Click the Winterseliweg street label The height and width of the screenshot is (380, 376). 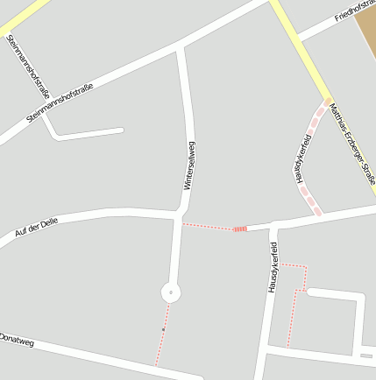coord(188,165)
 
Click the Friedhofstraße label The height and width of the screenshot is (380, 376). coord(354,11)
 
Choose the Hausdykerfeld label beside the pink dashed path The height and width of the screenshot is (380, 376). coord(303,158)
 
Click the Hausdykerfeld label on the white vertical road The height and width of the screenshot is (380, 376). coord(273,267)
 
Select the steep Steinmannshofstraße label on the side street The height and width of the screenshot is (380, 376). coord(29,66)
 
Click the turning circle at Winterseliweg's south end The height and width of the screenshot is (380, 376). coord(170,292)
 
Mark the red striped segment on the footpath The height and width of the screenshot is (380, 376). coord(239,229)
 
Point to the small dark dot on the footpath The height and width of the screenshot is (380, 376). coord(163,329)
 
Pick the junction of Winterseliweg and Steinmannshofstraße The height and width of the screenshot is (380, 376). coord(180,45)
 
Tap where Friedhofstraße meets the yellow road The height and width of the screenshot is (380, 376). coord(297,38)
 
